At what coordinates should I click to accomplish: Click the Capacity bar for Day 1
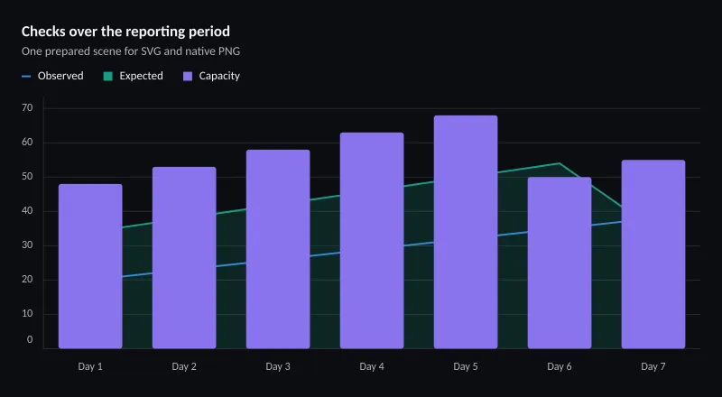tap(90, 266)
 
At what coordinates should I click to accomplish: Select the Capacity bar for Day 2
tap(184, 258)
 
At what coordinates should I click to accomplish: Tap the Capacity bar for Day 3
tap(278, 249)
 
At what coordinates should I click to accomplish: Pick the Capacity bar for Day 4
tap(372, 240)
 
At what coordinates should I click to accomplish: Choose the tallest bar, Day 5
tap(466, 232)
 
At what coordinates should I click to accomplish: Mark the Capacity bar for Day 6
tap(560, 263)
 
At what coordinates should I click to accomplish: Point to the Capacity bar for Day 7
tap(653, 254)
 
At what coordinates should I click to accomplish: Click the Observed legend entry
tap(52, 76)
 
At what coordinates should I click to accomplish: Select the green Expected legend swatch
tap(107, 76)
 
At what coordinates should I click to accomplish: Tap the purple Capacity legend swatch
tap(188, 76)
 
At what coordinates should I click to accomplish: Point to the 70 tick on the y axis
tap(27, 107)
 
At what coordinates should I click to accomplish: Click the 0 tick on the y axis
tap(30, 339)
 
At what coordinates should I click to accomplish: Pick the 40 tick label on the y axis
tap(27, 211)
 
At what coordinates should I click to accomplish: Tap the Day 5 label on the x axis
tap(466, 366)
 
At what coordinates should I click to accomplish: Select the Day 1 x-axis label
tap(90, 366)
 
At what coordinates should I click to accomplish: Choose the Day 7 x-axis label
tap(653, 366)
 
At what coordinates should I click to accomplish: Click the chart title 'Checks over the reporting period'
tap(125, 32)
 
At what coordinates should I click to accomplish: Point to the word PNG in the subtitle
tap(230, 51)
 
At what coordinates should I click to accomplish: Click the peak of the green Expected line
tap(560, 163)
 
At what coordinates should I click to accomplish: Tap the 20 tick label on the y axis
tap(27, 280)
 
